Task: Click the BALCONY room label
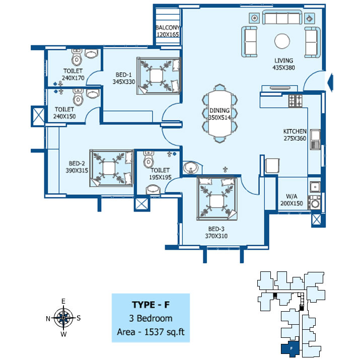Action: (x=168, y=28)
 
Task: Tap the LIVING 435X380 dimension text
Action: (x=283, y=68)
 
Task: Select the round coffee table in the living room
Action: (x=282, y=41)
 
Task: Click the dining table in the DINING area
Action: (x=220, y=113)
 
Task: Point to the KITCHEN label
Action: (x=295, y=131)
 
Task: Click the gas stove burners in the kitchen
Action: (x=296, y=101)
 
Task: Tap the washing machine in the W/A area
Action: (x=314, y=203)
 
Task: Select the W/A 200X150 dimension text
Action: (x=292, y=203)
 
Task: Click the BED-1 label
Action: (x=123, y=75)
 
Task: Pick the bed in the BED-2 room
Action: (x=112, y=168)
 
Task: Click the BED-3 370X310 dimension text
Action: (x=216, y=236)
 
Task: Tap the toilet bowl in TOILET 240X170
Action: (x=77, y=57)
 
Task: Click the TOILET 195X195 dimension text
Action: (x=160, y=177)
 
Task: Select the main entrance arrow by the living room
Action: (x=330, y=82)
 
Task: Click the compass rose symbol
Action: (x=63, y=318)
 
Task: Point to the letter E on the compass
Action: (x=63, y=301)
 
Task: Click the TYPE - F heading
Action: (x=151, y=305)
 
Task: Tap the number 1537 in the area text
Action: (x=155, y=332)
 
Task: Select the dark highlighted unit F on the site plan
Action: (x=290, y=348)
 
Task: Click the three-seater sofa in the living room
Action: (x=282, y=18)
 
